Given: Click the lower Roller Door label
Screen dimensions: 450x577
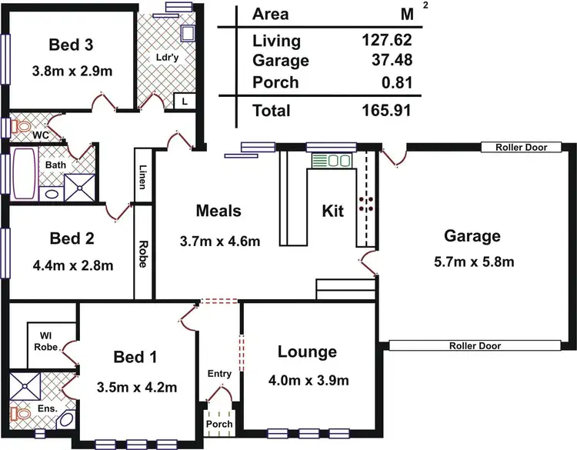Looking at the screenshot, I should (475, 346).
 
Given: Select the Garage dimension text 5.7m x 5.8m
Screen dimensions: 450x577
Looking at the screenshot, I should (472, 262).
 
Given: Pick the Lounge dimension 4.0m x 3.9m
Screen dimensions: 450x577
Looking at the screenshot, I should (308, 380).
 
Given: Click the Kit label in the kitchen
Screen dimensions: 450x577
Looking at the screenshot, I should (332, 210).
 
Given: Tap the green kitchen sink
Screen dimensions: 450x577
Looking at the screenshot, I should (331, 161).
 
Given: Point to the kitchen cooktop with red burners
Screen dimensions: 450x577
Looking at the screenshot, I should (367, 203).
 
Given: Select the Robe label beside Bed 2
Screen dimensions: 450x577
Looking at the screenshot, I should (143, 255).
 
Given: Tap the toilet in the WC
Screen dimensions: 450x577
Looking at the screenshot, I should (21, 125).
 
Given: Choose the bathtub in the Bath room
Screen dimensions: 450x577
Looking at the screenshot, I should (24, 174).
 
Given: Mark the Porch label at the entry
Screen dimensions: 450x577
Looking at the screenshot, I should (219, 425).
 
